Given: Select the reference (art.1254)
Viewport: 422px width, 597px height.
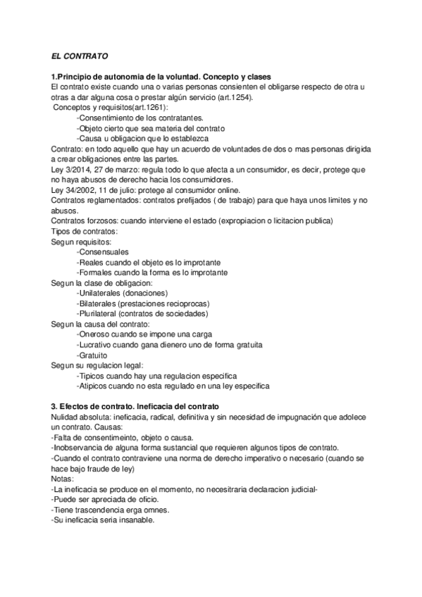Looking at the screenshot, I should tap(230, 97).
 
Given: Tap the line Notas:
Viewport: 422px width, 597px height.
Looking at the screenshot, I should tap(63, 479).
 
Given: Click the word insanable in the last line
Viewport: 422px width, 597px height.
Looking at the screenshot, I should tap(132, 520).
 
